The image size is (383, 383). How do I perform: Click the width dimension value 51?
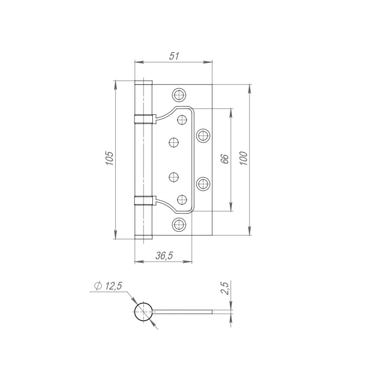174,56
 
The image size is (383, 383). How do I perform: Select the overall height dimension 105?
110,158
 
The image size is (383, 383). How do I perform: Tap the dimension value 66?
224,159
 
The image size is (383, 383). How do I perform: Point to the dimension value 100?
244,158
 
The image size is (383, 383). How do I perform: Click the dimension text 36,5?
164,256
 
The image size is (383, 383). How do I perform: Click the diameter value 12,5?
113,286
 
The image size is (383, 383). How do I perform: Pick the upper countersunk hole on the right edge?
203,135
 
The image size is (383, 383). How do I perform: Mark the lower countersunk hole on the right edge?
203,183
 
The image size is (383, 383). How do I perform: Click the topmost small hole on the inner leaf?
182,120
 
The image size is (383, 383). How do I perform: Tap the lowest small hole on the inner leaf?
182,200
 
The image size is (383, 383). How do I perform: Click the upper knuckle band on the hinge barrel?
143,119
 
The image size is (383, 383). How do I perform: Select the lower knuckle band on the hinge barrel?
143,201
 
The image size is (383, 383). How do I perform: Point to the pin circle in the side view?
143,312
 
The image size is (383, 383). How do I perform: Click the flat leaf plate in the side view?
184,312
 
